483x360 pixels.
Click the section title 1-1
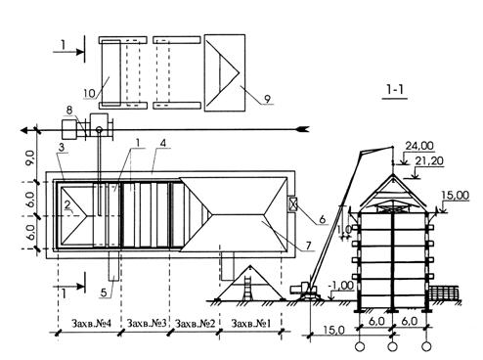[396, 89]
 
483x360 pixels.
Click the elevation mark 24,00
[419, 146]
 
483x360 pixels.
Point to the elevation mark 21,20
[429, 161]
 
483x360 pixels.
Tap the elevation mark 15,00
[456, 196]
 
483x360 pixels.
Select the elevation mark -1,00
[341, 286]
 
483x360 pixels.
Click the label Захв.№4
[91, 324]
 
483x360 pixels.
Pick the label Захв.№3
[147, 324]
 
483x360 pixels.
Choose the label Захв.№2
[196, 324]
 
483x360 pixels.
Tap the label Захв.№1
[251, 324]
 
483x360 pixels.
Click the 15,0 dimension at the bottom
[333, 331]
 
